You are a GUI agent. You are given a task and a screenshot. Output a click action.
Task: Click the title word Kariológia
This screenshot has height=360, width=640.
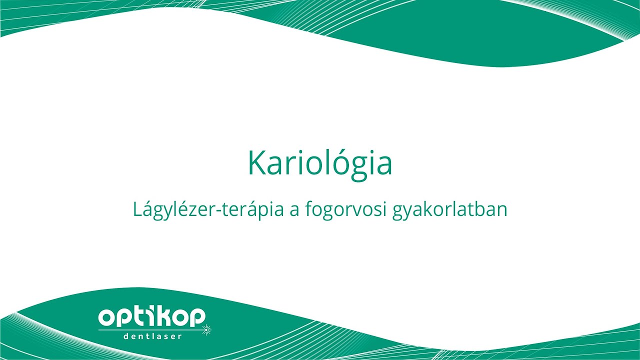[320, 163]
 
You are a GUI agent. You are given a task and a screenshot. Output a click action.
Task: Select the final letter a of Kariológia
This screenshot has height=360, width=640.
[383, 166]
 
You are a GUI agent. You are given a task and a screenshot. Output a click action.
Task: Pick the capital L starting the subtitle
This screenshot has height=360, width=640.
[137, 209]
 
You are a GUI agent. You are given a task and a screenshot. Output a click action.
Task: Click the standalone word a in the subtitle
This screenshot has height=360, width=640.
[294, 211]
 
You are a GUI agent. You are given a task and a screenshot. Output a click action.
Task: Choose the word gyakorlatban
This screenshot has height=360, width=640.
[450, 210]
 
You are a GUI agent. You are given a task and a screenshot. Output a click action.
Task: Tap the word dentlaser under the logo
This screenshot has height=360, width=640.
[152, 336]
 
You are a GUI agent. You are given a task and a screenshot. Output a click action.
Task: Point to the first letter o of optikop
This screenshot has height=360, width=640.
[106, 317]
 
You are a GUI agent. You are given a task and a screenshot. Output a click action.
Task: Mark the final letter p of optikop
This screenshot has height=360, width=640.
[196, 318]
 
